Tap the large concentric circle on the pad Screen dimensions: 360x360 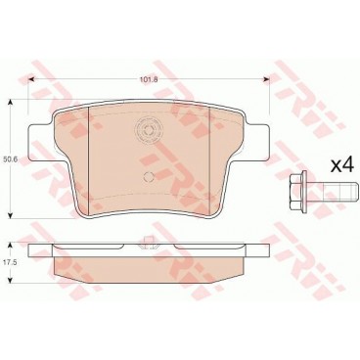[149, 131]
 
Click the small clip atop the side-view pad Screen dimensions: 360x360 [147, 243]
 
